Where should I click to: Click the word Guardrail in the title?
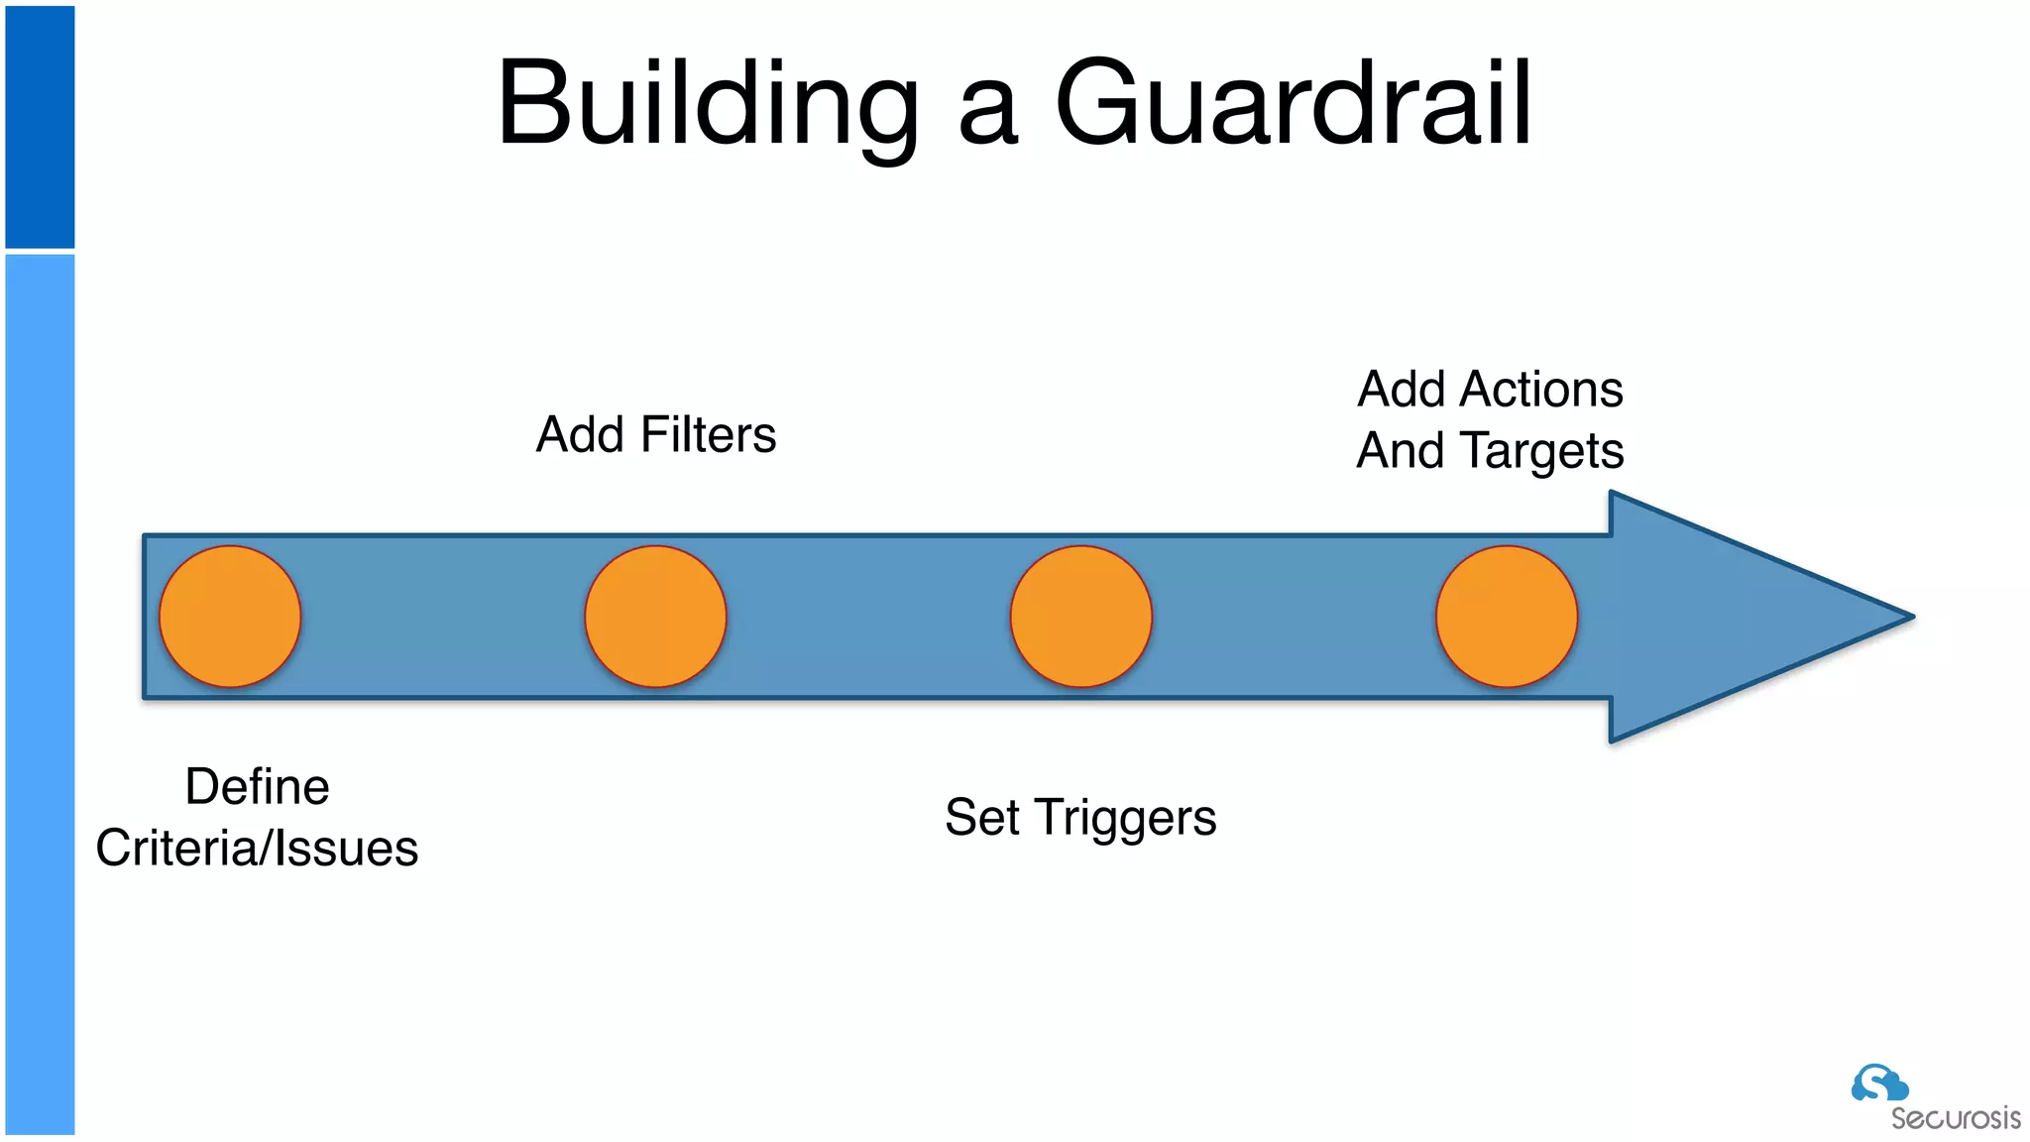coord(1294,103)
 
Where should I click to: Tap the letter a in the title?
coord(988,114)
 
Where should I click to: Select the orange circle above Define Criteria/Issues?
coord(230,617)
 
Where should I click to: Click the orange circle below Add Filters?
coord(655,617)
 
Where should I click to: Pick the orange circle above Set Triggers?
coord(1080,617)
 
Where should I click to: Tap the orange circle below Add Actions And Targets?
coord(1507,617)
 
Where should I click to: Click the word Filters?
coord(708,434)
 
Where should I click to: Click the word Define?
coord(257,787)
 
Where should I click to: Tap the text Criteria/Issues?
coord(257,849)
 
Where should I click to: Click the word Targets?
coord(1543,452)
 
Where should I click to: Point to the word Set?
coord(981,818)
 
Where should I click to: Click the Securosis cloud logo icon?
coord(1878,1084)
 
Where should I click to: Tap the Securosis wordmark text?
coord(1955,1119)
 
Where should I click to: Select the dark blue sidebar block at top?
coord(40,127)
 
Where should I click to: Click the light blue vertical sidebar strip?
coord(40,694)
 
